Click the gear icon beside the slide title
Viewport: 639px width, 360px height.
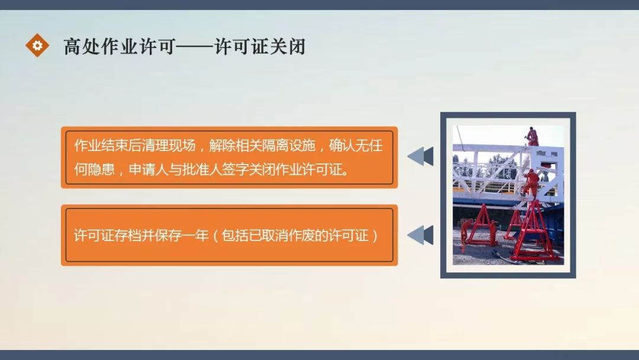[37, 45]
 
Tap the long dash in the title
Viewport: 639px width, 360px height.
[195, 46]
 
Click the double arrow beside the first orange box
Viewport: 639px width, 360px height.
[421, 157]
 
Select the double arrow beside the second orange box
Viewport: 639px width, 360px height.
[421, 235]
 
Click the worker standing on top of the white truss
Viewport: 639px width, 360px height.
[533, 136]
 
